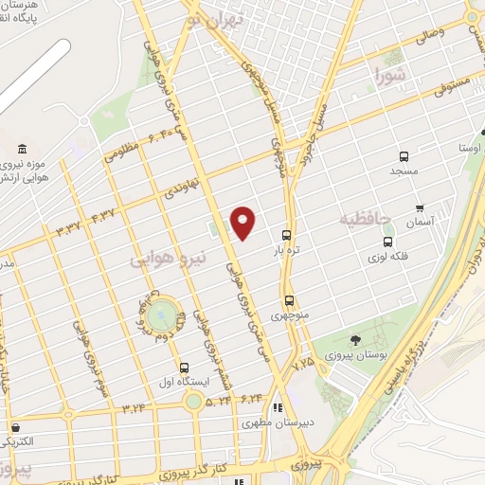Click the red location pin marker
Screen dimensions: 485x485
click(x=243, y=222)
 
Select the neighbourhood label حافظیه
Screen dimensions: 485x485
click(x=365, y=219)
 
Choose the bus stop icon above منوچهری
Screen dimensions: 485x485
click(x=290, y=301)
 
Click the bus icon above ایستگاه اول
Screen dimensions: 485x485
click(x=183, y=366)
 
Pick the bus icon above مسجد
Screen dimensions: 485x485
click(x=404, y=155)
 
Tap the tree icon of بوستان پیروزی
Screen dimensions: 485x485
click(x=355, y=340)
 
